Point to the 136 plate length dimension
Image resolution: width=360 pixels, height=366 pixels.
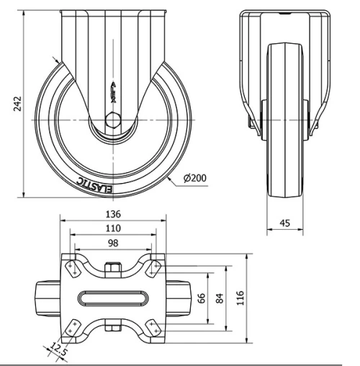[112, 214]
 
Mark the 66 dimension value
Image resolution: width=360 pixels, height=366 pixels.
[202, 298]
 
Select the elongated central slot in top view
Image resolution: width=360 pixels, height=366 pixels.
[112, 298]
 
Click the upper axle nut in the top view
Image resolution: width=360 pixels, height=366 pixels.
[112, 270]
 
